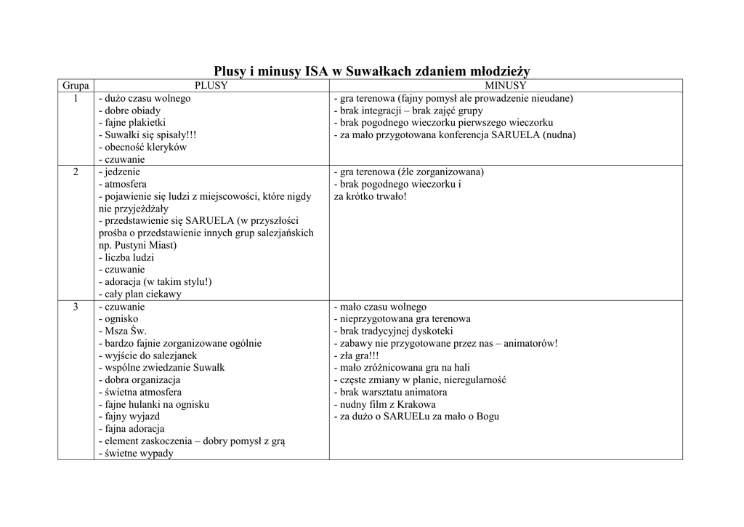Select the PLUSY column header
point(211,86)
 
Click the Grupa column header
point(76,86)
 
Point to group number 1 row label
point(76,98)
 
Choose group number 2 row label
point(76,172)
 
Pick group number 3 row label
point(76,307)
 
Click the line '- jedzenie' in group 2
point(119,172)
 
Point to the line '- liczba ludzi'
point(126,257)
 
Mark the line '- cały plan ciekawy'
point(139,294)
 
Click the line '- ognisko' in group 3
point(118,319)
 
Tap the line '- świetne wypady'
point(136,454)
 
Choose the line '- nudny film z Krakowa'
point(385,404)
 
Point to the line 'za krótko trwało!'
point(370,196)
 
